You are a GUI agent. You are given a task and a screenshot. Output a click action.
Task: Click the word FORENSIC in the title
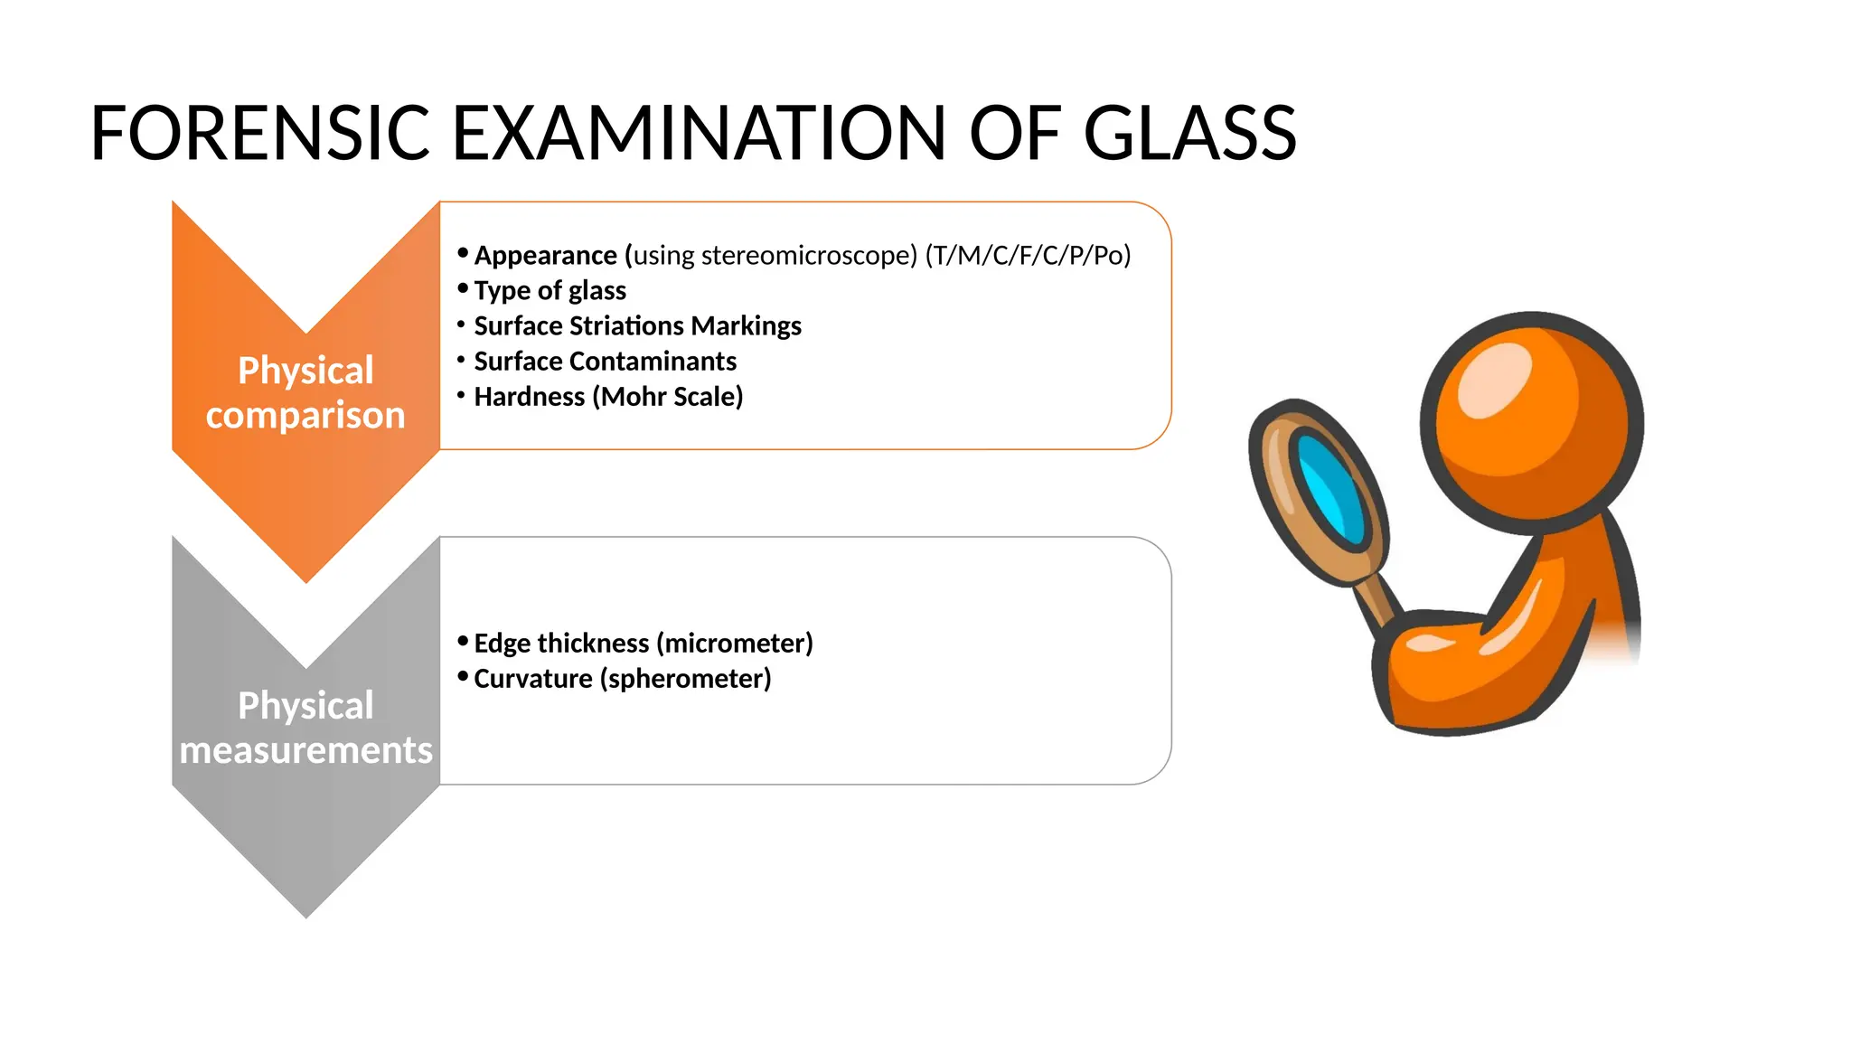pyautogui.click(x=259, y=134)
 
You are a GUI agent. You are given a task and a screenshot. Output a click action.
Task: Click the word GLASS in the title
pyautogui.click(x=1189, y=134)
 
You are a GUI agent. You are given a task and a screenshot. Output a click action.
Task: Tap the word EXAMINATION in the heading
pyautogui.click(x=698, y=134)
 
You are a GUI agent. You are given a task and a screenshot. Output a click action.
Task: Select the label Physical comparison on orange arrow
pyautogui.click(x=305, y=392)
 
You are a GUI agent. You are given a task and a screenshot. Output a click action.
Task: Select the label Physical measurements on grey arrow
pyautogui.click(x=305, y=728)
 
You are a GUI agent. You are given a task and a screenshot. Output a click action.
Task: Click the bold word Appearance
pyautogui.click(x=545, y=256)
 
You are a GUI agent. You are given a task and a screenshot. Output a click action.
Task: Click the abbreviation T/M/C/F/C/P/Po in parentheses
pyautogui.click(x=1028, y=256)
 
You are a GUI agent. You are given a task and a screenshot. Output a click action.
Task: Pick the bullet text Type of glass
pyautogui.click(x=550, y=291)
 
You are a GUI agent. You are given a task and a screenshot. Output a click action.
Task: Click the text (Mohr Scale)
pyautogui.click(x=667, y=397)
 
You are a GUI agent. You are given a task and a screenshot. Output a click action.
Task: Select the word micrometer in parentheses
pyautogui.click(x=735, y=644)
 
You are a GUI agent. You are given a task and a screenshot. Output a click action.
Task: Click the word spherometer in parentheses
pyautogui.click(x=686, y=679)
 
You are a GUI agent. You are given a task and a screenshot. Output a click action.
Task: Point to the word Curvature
pyautogui.click(x=532, y=679)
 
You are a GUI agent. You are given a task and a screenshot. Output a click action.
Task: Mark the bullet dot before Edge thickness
pyautogui.click(x=463, y=642)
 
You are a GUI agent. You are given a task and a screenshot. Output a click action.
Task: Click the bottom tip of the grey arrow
pyautogui.click(x=306, y=915)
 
